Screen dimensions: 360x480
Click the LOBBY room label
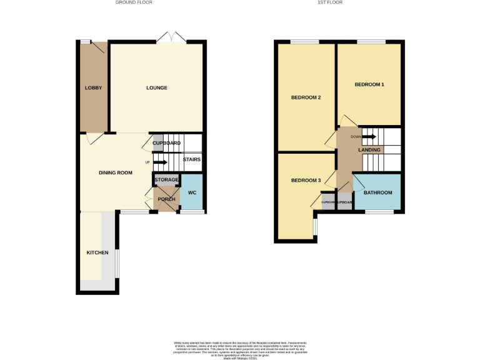pyautogui.click(x=93, y=88)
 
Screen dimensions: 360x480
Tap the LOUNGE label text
pyautogui.click(x=157, y=88)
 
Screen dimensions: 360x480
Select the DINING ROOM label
pyautogui.click(x=116, y=172)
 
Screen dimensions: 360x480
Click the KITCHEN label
pyautogui.click(x=97, y=252)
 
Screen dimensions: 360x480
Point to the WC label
pyautogui.click(x=192, y=192)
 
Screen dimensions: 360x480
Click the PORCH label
pyautogui.click(x=166, y=199)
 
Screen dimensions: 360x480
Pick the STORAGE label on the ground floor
pyautogui.click(x=167, y=180)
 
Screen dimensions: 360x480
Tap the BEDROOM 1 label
pyautogui.click(x=369, y=84)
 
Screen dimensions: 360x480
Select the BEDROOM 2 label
pyautogui.click(x=306, y=97)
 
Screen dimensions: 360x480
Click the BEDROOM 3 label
pyautogui.click(x=306, y=181)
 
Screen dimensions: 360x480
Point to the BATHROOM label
pyautogui.click(x=378, y=192)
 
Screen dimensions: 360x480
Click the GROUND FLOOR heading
pyautogui.click(x=134, y=2)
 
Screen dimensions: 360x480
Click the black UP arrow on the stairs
pyautogui.click(x=159, y=162)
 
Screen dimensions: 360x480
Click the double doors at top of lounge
pyautogui.click(x=171, y=39)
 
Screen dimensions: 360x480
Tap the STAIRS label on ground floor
pyautogui.click(x=192, y=159)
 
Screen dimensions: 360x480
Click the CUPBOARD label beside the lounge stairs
pyautogui.click(x=167, y=143)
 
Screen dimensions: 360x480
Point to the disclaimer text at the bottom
pyautogui.click(x=241, y=349)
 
